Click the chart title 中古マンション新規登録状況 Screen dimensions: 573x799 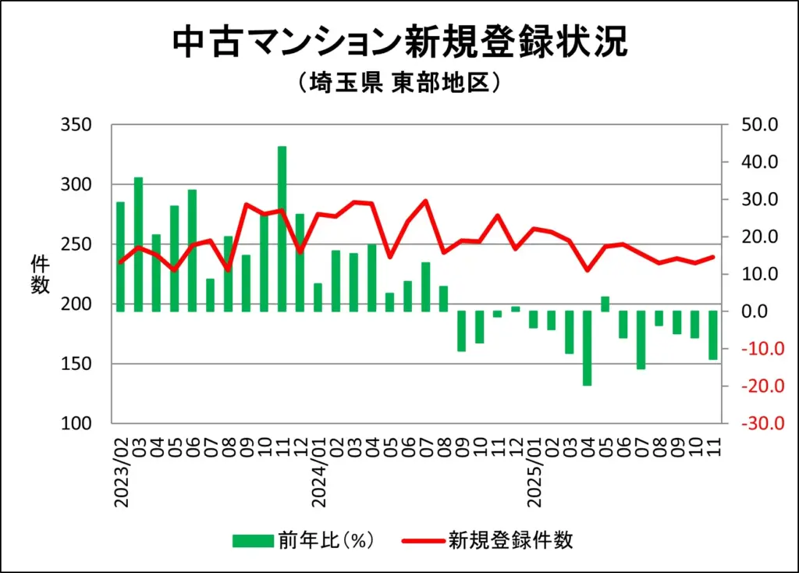[x=399, y=42]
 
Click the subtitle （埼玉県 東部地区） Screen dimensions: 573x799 [x=399, y=83]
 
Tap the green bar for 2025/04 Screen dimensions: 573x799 [x=587, y=348]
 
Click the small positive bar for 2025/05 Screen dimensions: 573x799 [x=605, y=304]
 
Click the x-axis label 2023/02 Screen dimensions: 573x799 [x=120, y=473]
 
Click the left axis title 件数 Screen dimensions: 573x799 [x=40, y=275]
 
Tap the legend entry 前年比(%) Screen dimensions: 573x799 [x=304, y=540]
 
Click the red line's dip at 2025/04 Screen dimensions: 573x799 [x=587, y=270]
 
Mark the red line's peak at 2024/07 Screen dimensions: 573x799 [x=425, y=201]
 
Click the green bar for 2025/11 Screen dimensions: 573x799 [x=712, y=335]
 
